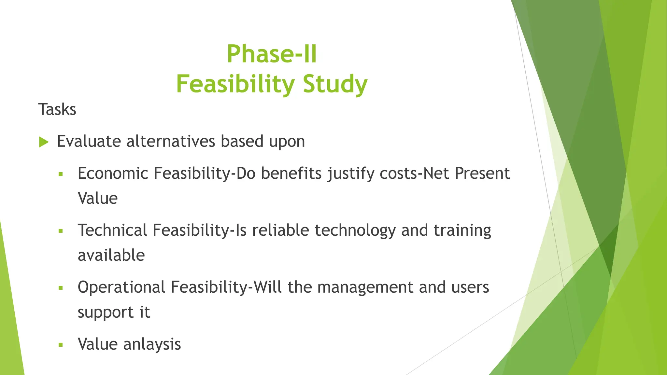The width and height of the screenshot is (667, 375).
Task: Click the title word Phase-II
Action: coord(272,54)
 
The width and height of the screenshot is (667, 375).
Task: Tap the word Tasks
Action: coord(57,109)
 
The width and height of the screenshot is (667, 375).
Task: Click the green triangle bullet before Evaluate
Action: coord(44,142)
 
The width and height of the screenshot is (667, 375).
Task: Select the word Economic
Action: coord(113,173)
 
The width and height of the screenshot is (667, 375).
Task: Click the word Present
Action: coord(482,173)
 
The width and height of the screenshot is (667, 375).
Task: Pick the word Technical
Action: coord(112,230)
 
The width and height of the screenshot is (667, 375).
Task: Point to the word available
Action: coord(111,255)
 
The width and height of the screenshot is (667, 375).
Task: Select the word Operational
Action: coord(121,287)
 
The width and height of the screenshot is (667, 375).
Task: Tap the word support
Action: coord(106,312)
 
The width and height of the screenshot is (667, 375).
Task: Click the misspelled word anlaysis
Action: coord(152,344)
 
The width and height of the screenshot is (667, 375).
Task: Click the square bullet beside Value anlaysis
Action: coord(60,345)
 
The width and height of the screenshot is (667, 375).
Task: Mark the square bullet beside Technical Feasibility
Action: coord(60,231)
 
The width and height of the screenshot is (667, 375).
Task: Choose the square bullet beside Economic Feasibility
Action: coord(60,174)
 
